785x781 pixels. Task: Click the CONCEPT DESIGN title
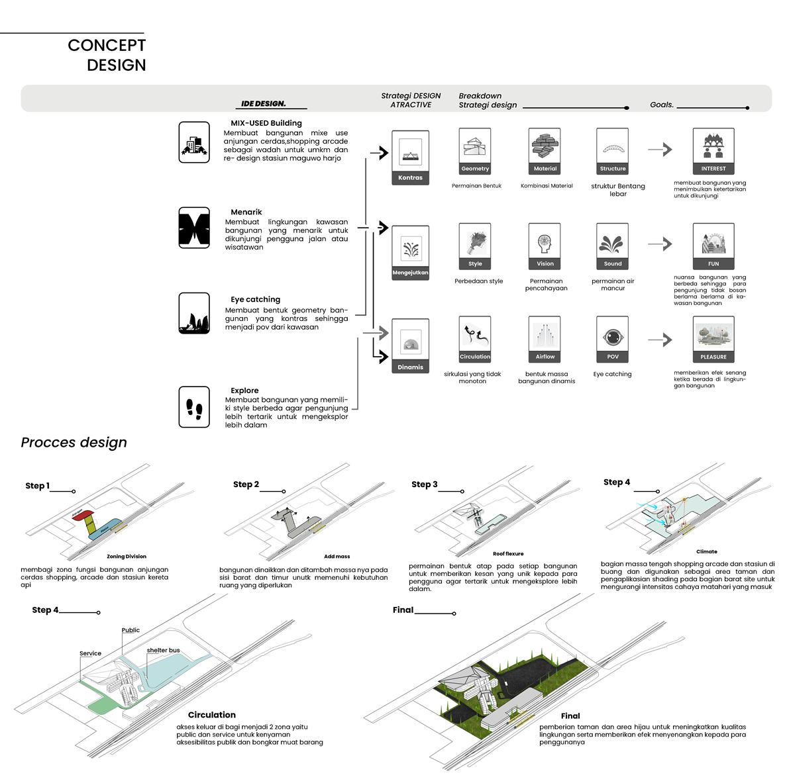point(107,55)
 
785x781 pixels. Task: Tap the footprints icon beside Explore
point(194,406)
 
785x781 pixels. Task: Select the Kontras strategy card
point(410,158)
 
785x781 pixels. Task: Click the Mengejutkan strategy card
point(410,253)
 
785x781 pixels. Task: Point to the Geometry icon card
point(475,151)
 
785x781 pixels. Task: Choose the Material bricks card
point(545,151)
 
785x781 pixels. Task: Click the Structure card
point(613,151)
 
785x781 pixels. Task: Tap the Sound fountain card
point(613,246)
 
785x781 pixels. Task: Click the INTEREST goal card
point(713,151)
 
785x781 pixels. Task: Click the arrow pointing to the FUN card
point(660,244)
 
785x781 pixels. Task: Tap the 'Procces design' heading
point(74,442)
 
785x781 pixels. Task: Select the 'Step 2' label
point(246,484)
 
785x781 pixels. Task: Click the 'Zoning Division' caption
point(127,557)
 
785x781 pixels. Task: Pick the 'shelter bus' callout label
point(163,651)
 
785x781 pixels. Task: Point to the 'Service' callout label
point(91,653)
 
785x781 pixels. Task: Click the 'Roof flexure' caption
point(508,554)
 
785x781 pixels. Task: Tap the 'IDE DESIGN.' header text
point(264,104)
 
